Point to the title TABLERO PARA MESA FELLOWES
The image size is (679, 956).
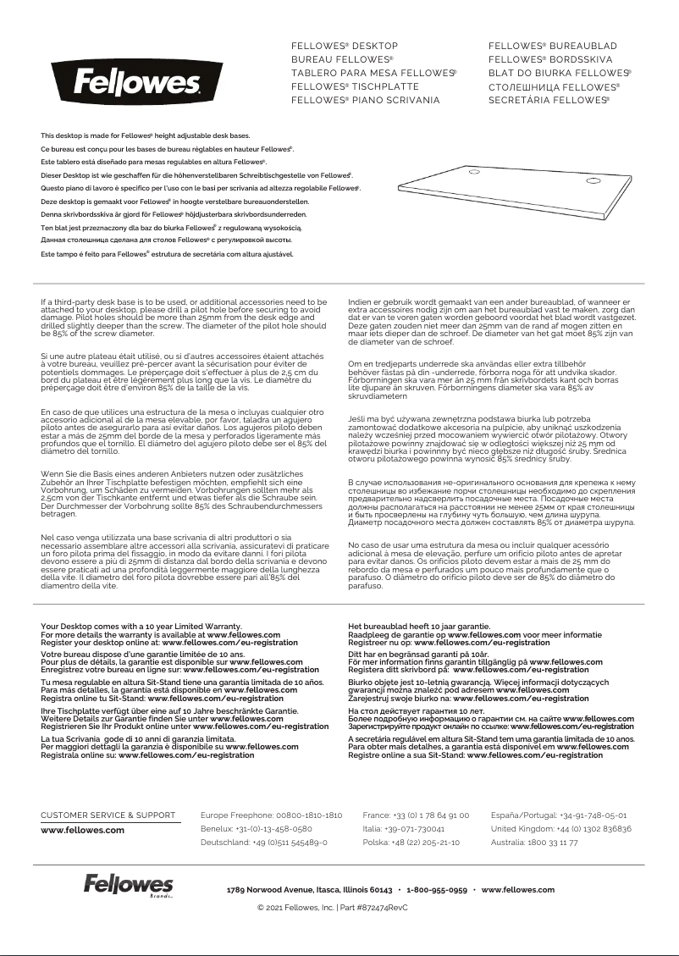tap(373, 73)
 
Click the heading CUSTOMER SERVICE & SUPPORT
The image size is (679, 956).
tap(108, 815)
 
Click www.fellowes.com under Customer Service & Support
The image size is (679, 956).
tap(83, 830)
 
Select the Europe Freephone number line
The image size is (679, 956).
tap(271, 815)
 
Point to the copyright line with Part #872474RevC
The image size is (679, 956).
tap(332, 907)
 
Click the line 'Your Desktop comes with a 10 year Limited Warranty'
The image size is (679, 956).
tap(141, 627)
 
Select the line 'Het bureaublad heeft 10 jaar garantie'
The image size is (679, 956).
tap(419, 627)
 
